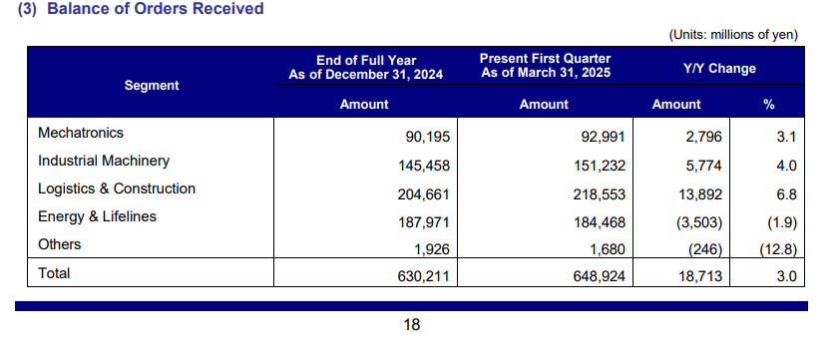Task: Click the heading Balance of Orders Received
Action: coord(156,9)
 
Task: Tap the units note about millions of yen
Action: coord(733,35)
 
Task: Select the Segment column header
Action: coord(152,86)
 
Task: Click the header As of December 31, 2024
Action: coord(365,75)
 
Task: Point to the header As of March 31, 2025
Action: coord(545,72)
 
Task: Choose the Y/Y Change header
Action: coord(719,69)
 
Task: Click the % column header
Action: coord(768,104)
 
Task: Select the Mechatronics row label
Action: coord(81,133)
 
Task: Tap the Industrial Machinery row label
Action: coord(104,161)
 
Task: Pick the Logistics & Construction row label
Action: coord(117,188)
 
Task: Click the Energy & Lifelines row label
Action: coord(98,216)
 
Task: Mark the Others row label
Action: coord(59,244)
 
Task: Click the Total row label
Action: coord(54,273)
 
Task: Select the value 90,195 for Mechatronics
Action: coord(428,138)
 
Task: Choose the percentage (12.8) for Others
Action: coord(778,249)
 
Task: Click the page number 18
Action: coord(412,324)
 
